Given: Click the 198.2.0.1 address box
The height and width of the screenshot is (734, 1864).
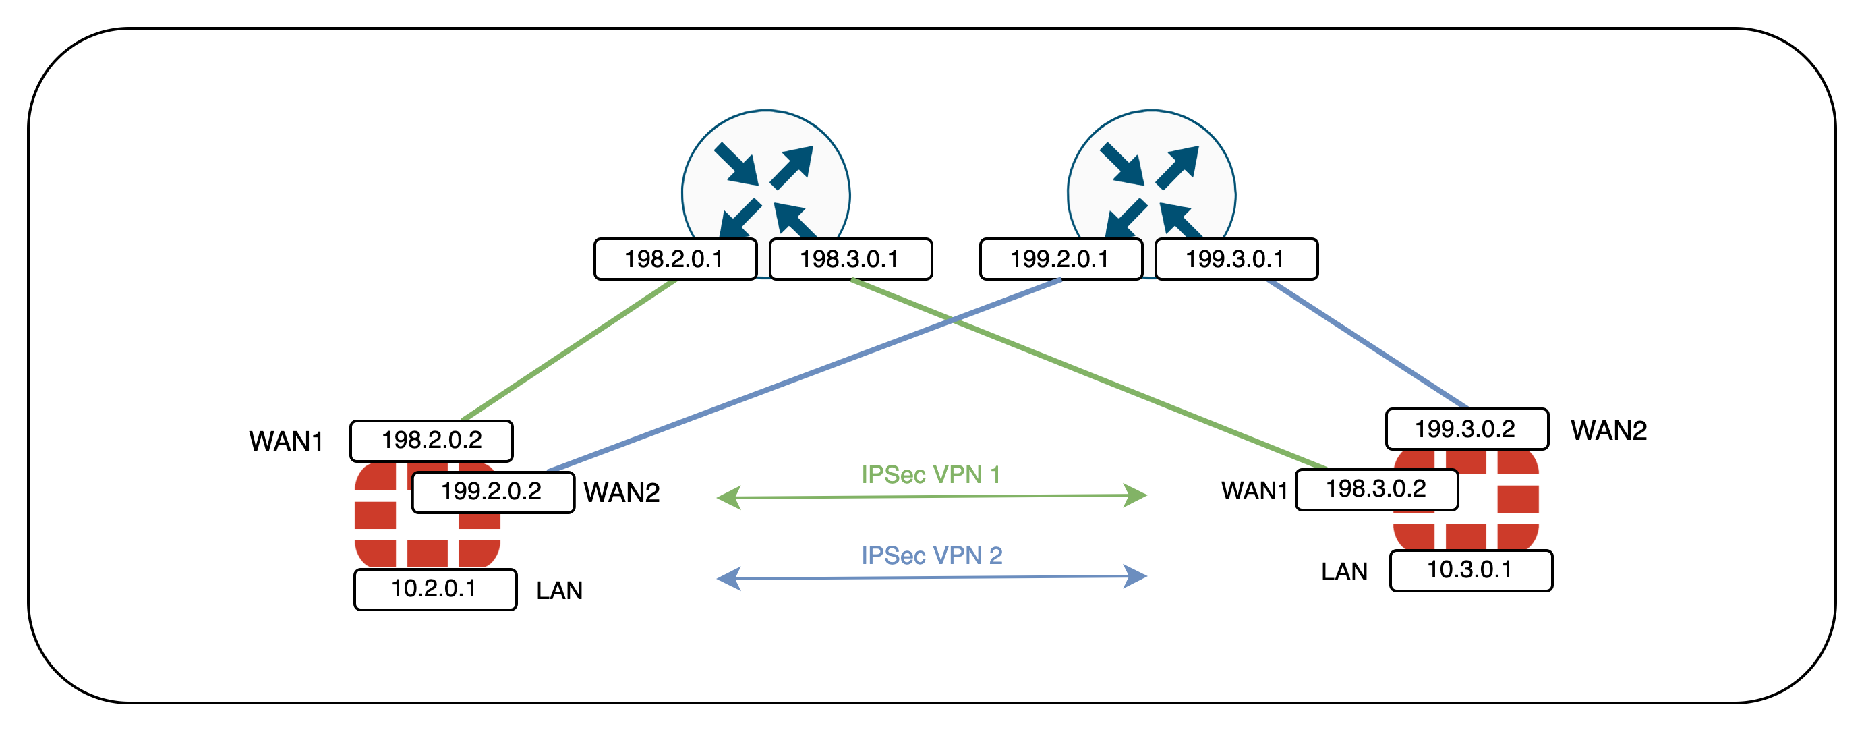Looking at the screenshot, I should click(x=675, y=259).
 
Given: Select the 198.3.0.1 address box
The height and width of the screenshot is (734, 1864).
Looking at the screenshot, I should click(x=851, y=259).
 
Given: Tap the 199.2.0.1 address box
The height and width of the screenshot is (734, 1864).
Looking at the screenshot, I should click(x=1061, y=259).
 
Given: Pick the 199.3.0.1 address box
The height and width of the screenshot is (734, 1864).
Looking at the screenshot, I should click(x=1237, y=259).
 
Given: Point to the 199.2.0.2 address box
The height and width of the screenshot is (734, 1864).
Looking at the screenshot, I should click(x=493, y=492).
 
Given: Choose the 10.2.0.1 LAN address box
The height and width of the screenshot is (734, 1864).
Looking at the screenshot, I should click(x=435, y=589).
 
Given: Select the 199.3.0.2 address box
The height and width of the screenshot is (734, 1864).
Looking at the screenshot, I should click(x=1467, y=429).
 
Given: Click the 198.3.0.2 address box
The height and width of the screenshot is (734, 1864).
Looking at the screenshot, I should click(x=1376, y=489).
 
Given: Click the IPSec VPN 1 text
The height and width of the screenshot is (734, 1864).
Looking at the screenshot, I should click(x=931, y=475).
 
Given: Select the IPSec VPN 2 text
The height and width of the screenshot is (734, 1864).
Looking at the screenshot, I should click(x=931, y=556).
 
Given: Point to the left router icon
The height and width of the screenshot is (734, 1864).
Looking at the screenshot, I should click(x=765, y=174).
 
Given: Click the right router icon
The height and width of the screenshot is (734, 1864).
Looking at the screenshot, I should click(x=1151, y=174).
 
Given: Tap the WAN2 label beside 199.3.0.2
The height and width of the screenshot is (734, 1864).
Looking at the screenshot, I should click(x=1608, y=430).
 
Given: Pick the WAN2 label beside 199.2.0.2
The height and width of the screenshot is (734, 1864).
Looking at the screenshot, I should click(x=622, y=493).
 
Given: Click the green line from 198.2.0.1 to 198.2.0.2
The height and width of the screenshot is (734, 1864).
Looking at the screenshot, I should click(x=569, y=349).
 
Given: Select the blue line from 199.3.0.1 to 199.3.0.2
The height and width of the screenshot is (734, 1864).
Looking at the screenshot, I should click(x=1368, y=344).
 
